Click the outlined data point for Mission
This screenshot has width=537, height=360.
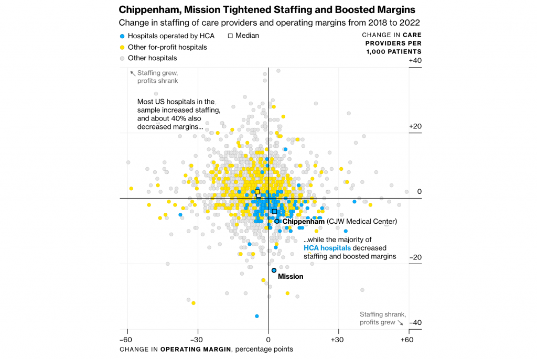(x=274, y=270)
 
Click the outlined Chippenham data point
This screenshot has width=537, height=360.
(x=277, y=221)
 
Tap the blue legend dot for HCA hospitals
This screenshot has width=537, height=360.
(x=122, y=36)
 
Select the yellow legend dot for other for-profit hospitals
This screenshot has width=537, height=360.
(x=122, y=47)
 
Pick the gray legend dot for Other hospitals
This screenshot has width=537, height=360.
(x=122, y=58)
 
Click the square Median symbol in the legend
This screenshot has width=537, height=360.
(x=230, y=36)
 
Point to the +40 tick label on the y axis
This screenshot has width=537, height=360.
(x=415, y=61)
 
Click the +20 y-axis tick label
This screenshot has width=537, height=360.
(x=415, y=126)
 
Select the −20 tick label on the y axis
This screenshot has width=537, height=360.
(x=415, y=257)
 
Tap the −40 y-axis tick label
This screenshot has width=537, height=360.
(x=415, y=323)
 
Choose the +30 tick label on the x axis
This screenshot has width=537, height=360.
(x=338, y=340)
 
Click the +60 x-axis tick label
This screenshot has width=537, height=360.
(x=407, y=340)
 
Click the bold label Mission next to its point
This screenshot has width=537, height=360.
(x=291, y=276)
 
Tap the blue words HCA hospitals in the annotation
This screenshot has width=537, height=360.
(x=327, y=248)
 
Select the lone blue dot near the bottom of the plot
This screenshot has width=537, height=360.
(x=256, y=316)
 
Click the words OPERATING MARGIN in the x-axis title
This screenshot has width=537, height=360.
(x=196, y=350)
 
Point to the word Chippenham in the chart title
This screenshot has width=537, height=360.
(x=147, y=10)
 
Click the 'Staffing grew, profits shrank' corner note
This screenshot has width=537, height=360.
(x=157, y=77)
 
